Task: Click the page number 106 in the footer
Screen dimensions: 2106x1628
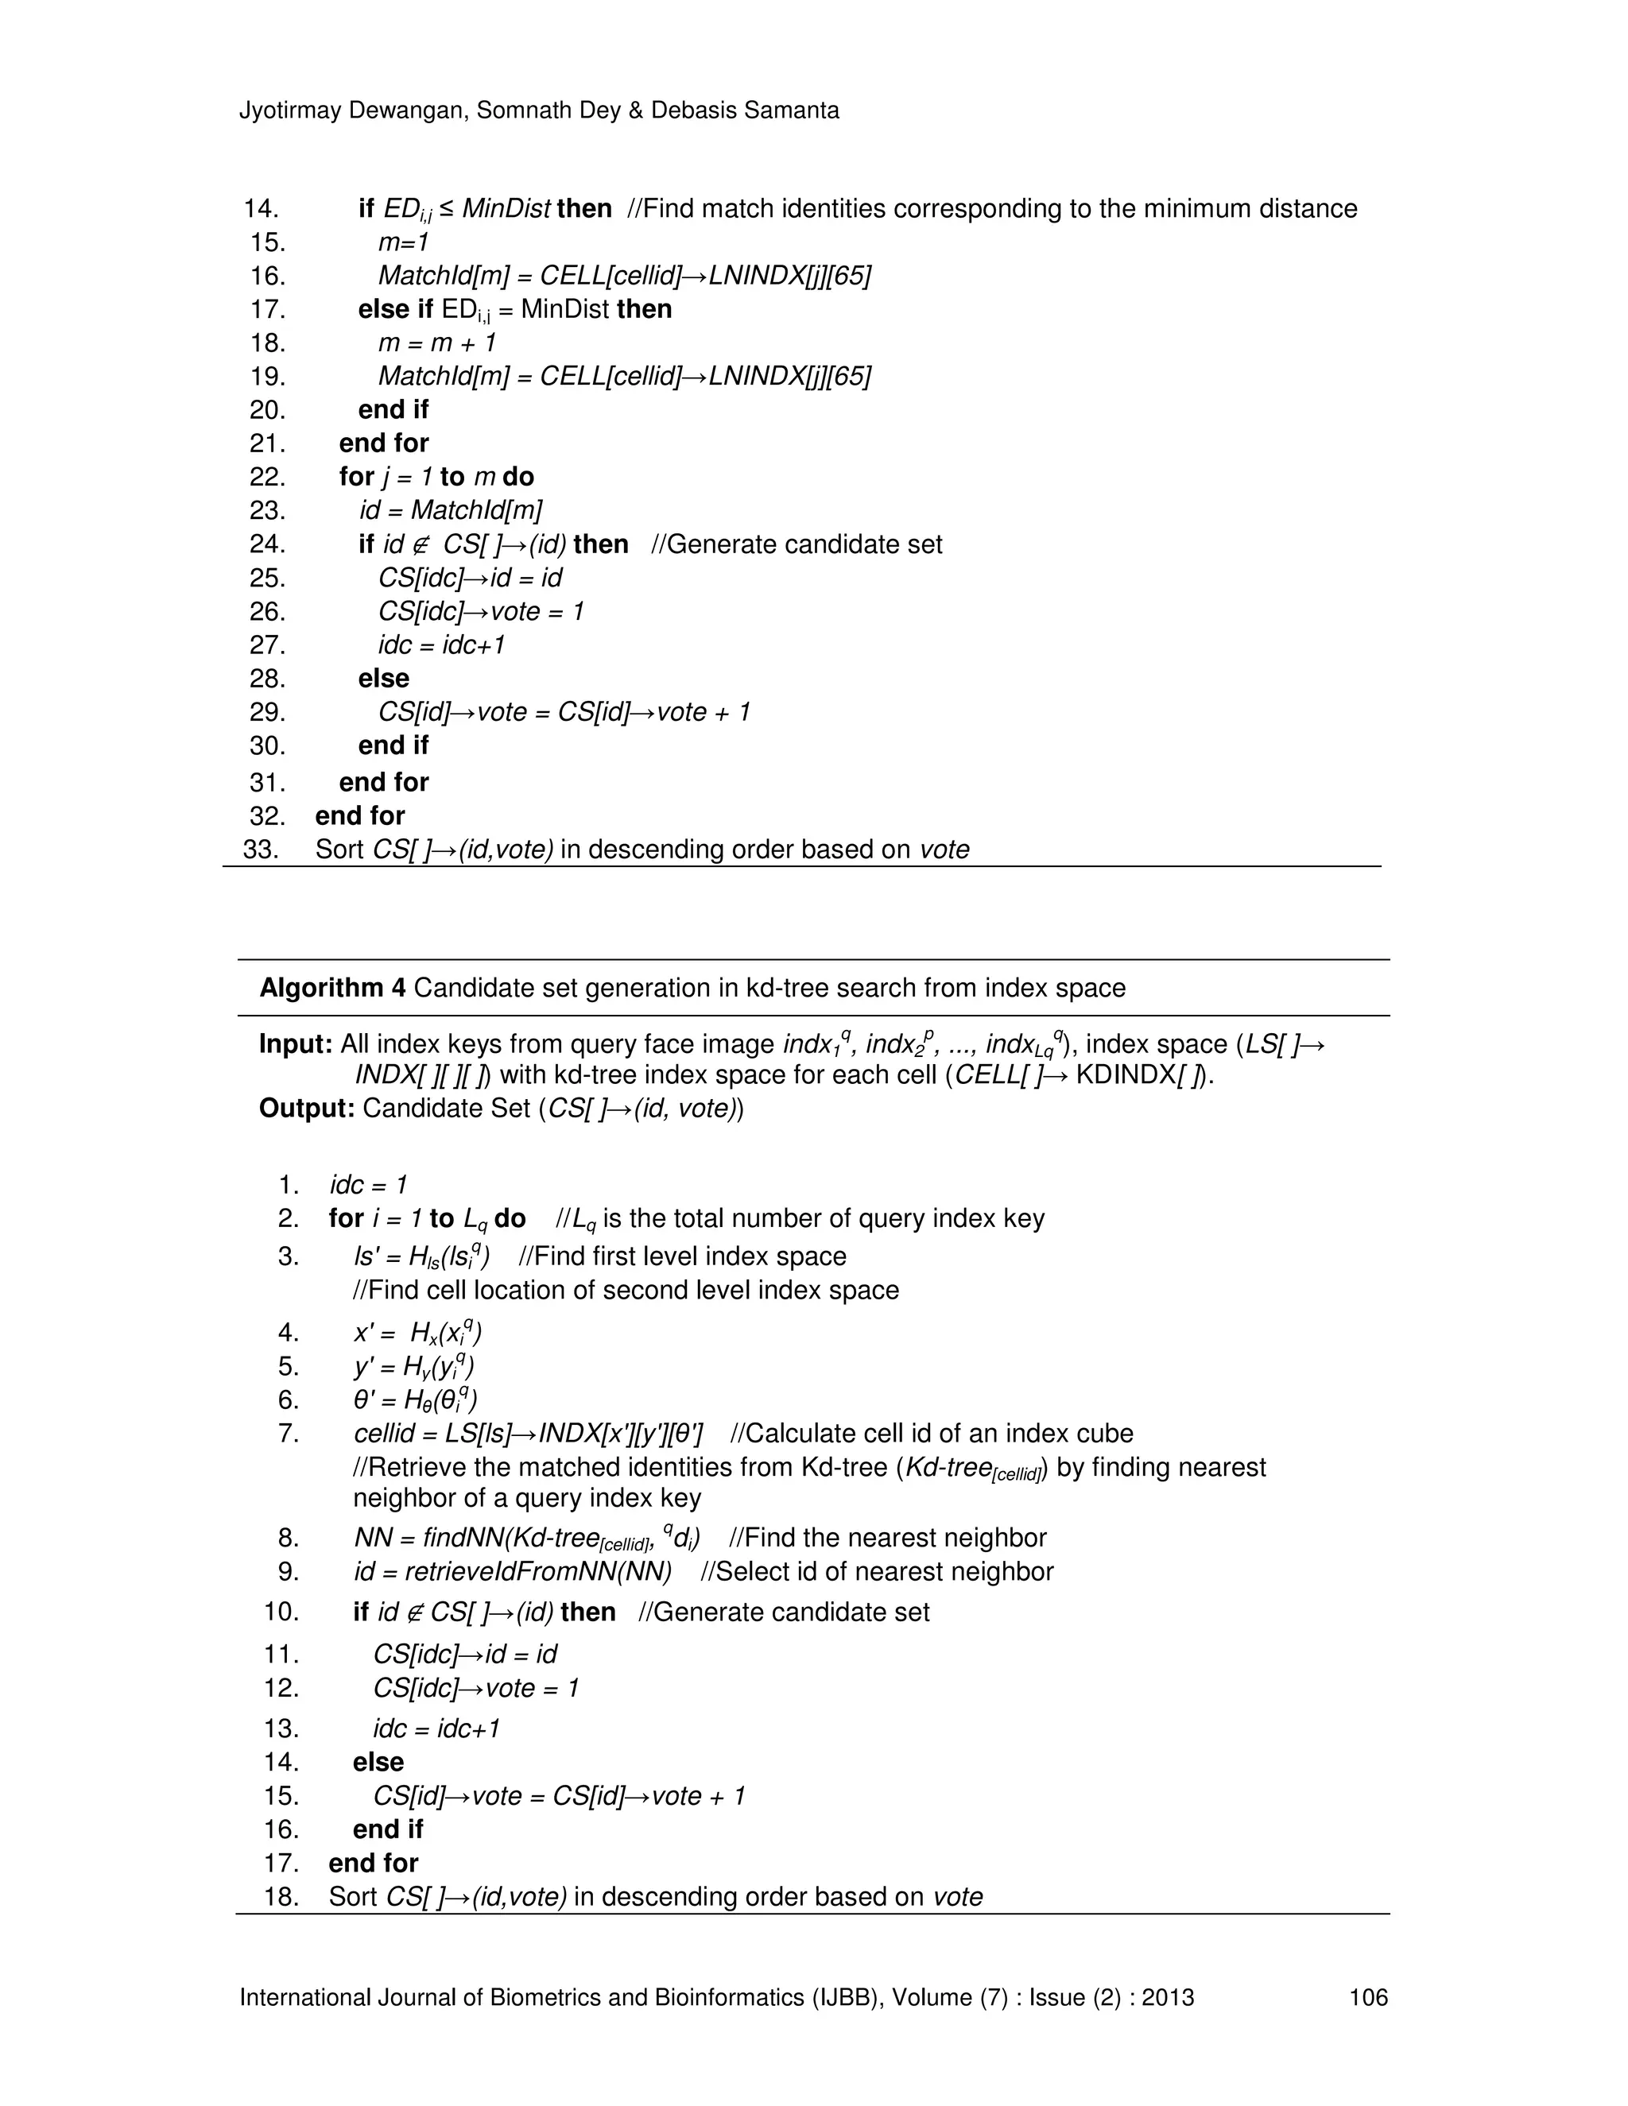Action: coord(1367,1997)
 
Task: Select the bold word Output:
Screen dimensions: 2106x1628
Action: coord(307,1108)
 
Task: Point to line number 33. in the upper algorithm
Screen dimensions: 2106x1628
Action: coord(262,850)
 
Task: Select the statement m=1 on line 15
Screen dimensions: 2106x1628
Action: coord(403,242)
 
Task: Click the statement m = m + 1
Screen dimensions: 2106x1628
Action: coord(437,343)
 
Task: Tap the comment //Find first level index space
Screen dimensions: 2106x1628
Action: coord(682,1256)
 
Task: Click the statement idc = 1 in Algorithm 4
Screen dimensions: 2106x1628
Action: coord(368,1184)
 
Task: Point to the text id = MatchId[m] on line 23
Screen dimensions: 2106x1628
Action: coord(451,510)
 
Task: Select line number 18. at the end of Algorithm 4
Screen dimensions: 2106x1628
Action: coord(281,1897)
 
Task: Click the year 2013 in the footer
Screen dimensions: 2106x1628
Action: coord(1167,1997)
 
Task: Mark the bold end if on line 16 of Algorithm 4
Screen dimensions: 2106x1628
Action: coord(388,1829)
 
